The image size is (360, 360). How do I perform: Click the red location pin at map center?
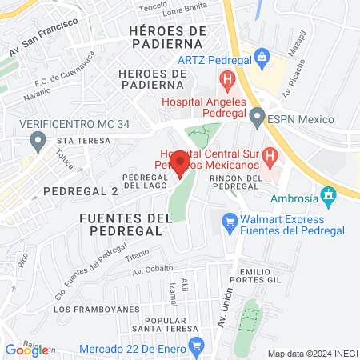(x=180, y=163)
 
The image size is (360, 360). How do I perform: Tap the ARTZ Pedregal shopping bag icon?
(x=262, y=56)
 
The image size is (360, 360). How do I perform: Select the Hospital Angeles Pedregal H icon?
(x=227, y=80)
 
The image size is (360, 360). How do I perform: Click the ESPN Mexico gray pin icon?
(x=257, y=118)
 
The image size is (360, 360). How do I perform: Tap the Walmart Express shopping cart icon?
(x=230, y=218)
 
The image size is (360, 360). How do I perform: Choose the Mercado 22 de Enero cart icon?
(x=197, y=346)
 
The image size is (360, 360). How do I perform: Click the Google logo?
(x=26, y=350)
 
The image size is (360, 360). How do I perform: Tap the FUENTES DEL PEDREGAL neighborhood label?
(x=121, y=224)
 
